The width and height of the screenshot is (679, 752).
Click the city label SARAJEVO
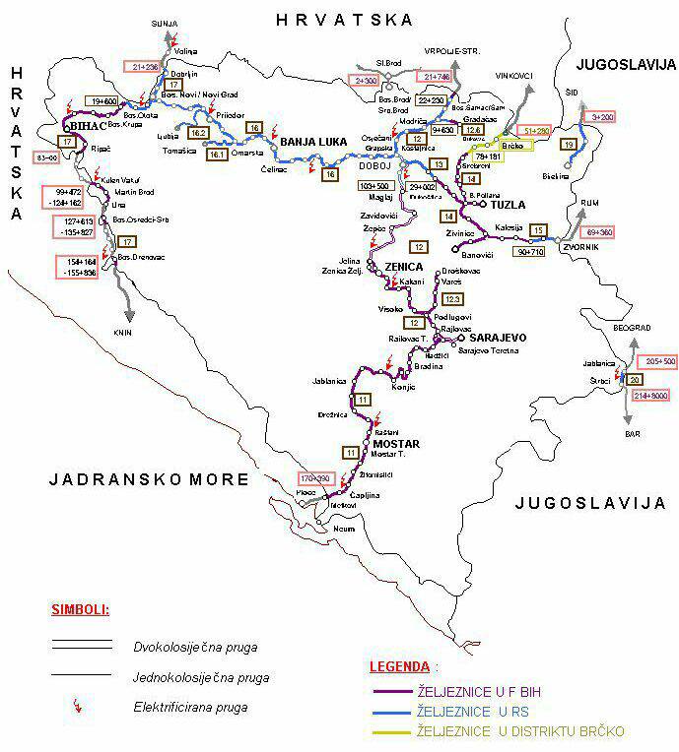tap(499, 338)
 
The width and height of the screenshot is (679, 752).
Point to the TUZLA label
tap(508, 205)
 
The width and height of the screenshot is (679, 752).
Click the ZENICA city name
tap(403, 267)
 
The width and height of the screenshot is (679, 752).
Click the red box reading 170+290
tap(317, 478)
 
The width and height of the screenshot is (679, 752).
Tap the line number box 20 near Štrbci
tap(635, 379)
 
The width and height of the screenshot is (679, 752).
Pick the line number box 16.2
tap(198, 133)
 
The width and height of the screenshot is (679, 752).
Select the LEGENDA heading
tap(399, 666)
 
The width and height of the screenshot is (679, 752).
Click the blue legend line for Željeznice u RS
tap(404, 712)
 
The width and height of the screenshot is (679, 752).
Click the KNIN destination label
tap(121, 332)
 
